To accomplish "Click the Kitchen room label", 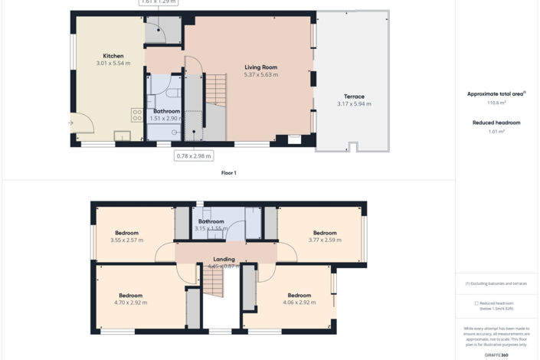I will [113, 56].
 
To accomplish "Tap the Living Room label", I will [260, 67].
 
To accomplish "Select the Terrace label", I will [354, 97].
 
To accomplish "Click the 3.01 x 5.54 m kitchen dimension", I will [113, 64].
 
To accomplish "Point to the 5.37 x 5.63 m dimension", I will [260, 75].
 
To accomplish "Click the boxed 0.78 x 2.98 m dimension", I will [193, 156].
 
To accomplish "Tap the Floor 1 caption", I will [228, 173].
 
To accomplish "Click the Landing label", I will [224, 259].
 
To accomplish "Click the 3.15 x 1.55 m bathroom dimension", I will [211, 228].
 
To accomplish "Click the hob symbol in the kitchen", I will [137, 115].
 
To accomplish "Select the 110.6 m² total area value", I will [496, 102].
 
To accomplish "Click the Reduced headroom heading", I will [496, 123].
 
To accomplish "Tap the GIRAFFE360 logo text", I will [496, 355].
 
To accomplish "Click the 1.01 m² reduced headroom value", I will [496, 132].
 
